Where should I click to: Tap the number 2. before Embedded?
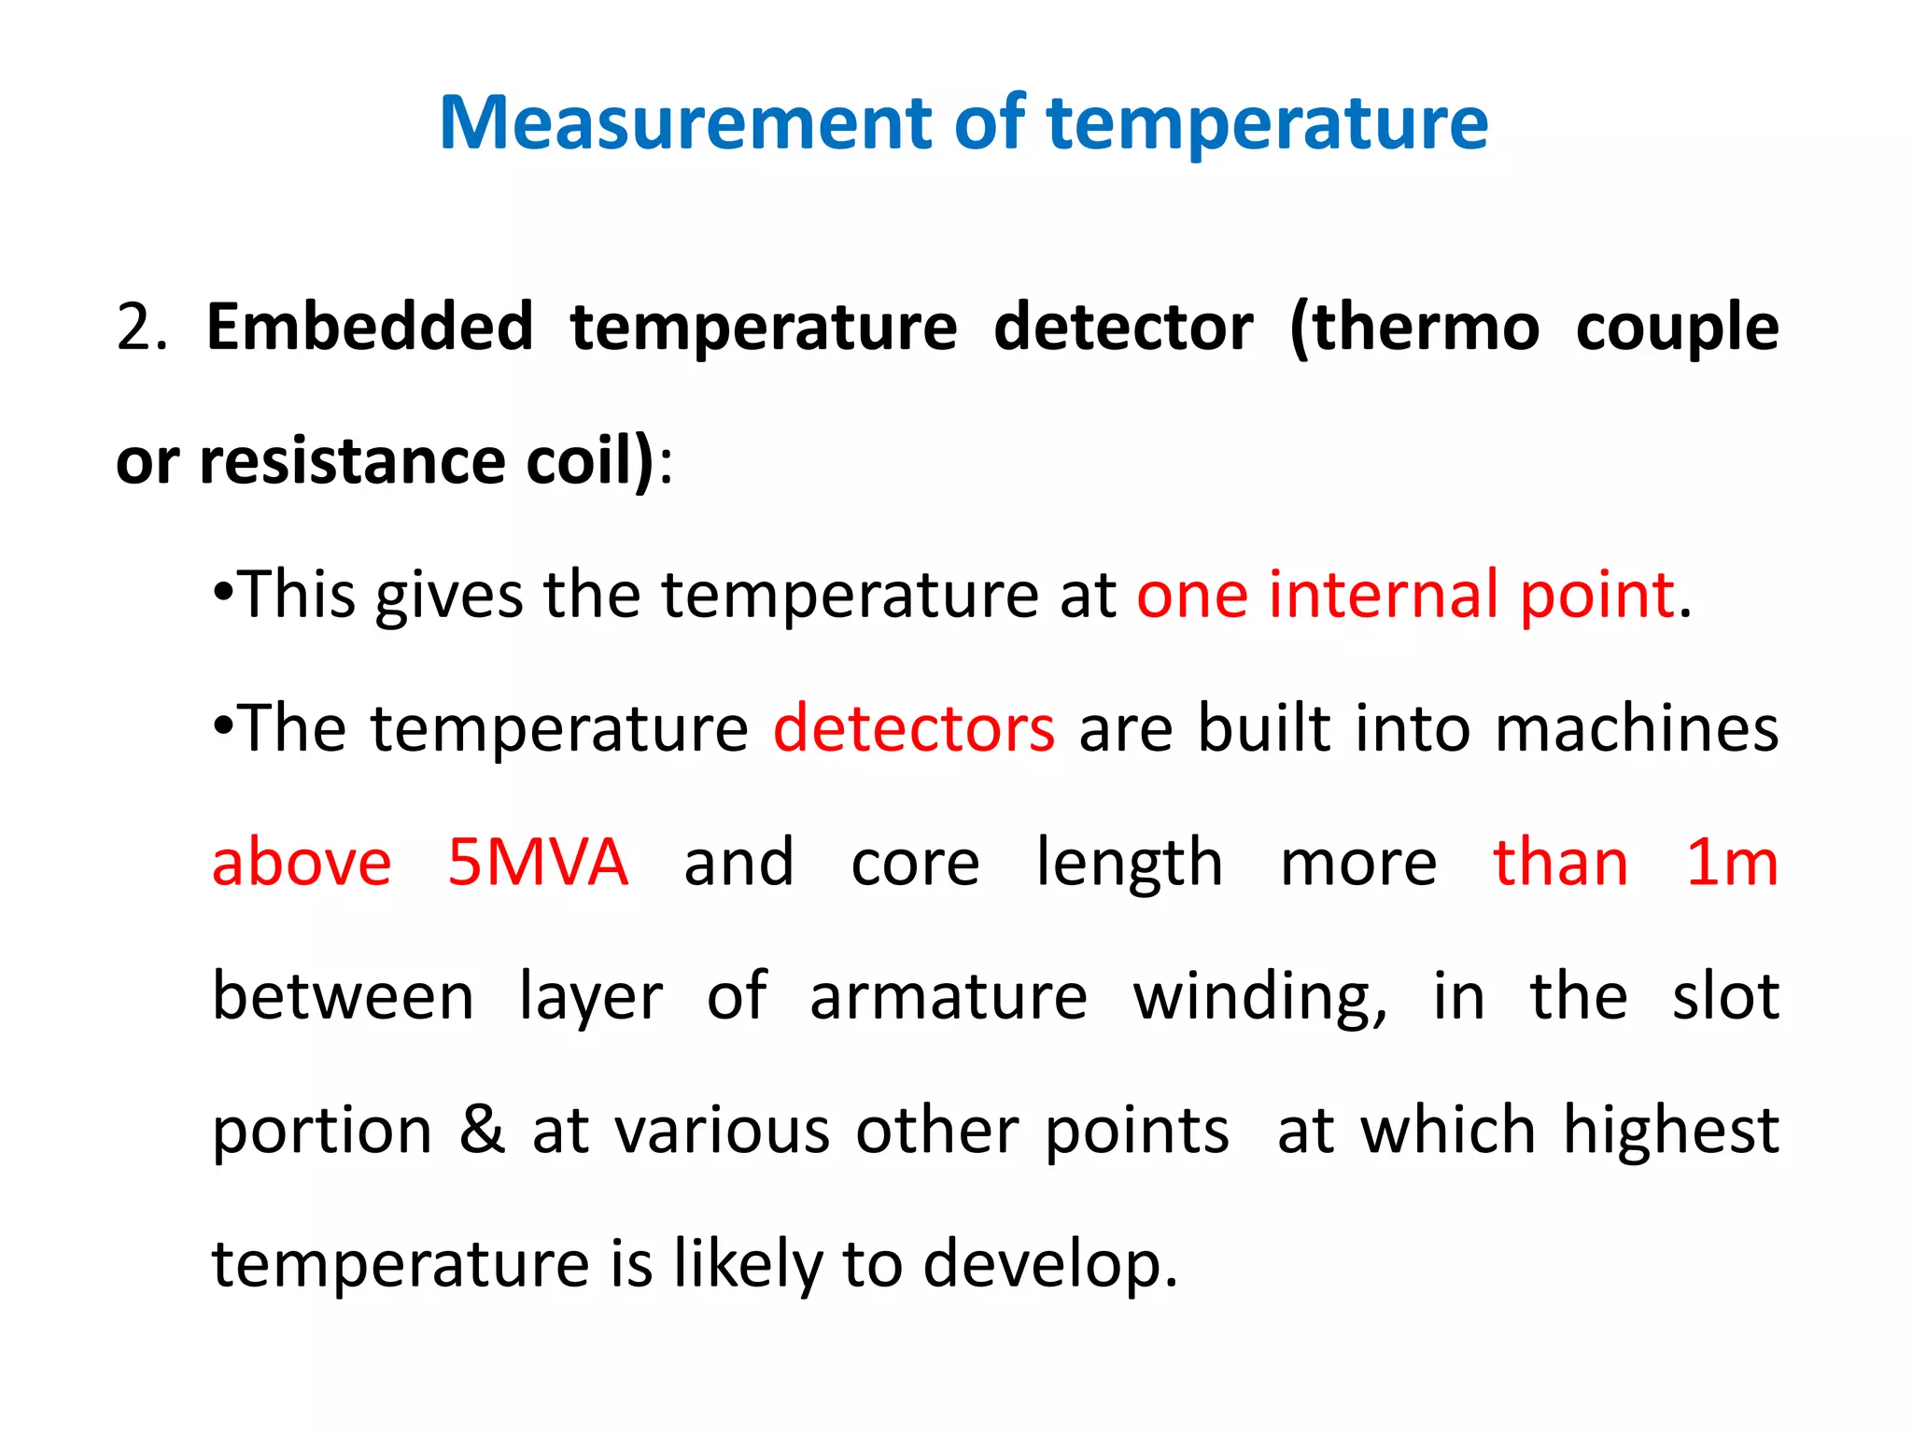point(142,328)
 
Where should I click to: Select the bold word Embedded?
point(370,328)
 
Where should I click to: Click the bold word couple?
point(1677,328)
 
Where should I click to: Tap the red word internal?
point(1383,595)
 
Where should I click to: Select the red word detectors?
point(914,728)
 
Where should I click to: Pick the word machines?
point(1637,728)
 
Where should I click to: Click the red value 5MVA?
point(538,862)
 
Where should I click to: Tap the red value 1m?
point(1732,862)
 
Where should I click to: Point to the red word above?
point(302,862)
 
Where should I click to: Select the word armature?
point(949,996)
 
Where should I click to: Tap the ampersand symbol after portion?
point(482,1130)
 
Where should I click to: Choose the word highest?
point(1671,1130)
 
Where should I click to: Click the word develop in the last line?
point(1050,1264)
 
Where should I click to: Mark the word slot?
point(1725,996)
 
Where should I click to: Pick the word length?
point(1130,864)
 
